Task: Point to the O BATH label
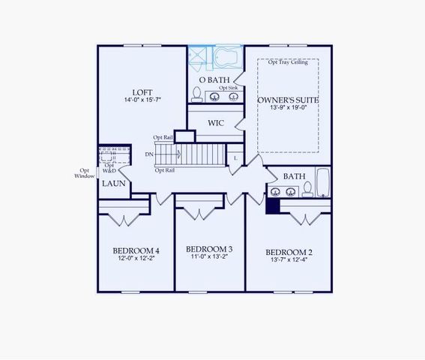[x=214, y=79]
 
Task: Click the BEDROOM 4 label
[x=136, y=250]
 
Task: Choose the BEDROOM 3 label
[x=209, y=249]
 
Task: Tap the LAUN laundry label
[x=113, y=183]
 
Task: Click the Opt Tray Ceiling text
[x=293, y=62]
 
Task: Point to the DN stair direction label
[x=150, y=154]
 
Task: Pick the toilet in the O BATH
[x=197, y=94]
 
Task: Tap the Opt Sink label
[x=228, y=88]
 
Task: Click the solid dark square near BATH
[x=274, y=205]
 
